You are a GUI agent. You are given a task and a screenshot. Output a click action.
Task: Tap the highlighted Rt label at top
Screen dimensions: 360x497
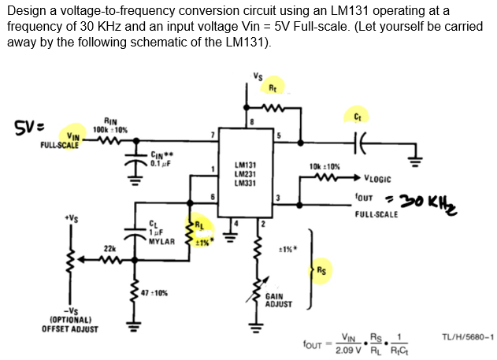click(273, 86)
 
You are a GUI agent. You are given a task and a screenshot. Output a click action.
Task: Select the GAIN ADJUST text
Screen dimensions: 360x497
click(280, 300)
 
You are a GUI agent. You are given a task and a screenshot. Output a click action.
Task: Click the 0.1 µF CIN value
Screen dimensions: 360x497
click(160, 163)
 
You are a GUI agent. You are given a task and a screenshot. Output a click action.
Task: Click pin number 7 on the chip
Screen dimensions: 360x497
click(210, 135)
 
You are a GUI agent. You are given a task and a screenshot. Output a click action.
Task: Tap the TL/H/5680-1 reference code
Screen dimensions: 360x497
click(465, 337)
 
